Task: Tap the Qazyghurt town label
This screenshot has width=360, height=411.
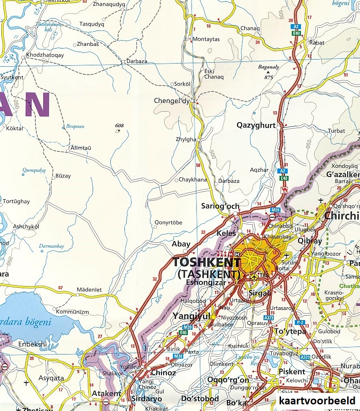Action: pyautogui.click(x=256, y=125)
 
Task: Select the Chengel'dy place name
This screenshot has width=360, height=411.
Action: pyautogui.click(x=171, y=101)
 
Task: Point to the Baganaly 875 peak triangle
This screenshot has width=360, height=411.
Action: pyautogui.click(x=267, y=72)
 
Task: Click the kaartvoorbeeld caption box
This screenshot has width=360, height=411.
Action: pyautogui.click(x=317, y=401)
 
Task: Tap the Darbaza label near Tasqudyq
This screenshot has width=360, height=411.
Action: pyautogui.click(x=137, y=62)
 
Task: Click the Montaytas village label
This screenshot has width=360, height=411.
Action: pyautogui.click(x=206, y=39)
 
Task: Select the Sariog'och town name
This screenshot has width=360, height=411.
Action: pyautogui.click(x=220, y=206)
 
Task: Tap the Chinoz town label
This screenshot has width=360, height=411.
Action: pyautogui.click(x=163, y=373)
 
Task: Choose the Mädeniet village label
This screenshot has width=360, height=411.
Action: pyautogui.click(x=89, y=290)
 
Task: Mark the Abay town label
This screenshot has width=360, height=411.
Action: pyautogui.click(x=181, y=244)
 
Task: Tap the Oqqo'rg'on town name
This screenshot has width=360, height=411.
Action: pyautogui.click(x=228, y=381)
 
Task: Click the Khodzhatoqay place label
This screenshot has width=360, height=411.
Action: pyautogui.click(x=45, y=55)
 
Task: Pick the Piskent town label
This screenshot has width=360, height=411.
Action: pyautogui.click(x=292, y=372)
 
